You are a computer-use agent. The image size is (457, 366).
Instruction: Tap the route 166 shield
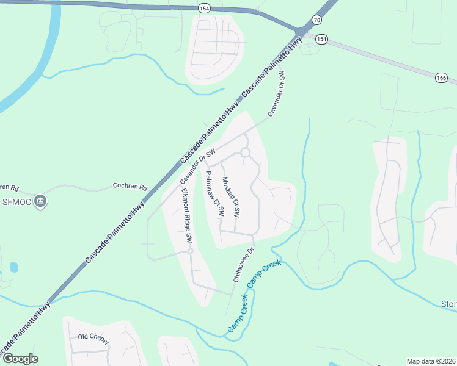coord(442,78)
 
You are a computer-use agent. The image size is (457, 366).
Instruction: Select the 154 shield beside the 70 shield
coord(322,40)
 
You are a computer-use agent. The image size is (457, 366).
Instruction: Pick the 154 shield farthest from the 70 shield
coord(203,7)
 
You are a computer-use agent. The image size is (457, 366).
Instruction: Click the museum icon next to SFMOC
coord(41,201)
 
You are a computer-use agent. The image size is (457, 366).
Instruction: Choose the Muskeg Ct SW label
coord(232,198)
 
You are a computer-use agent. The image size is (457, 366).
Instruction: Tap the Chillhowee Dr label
coord(243,264)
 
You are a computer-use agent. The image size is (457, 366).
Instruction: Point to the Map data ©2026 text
coord(431,361)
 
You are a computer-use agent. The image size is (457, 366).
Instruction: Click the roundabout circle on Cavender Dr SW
coord(246,152)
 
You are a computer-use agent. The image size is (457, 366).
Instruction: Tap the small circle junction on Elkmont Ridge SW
coord(191,251)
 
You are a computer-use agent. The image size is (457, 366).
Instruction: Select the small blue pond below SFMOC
coord(14,267)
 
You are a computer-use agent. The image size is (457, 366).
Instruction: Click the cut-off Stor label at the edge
coord(448,304)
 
